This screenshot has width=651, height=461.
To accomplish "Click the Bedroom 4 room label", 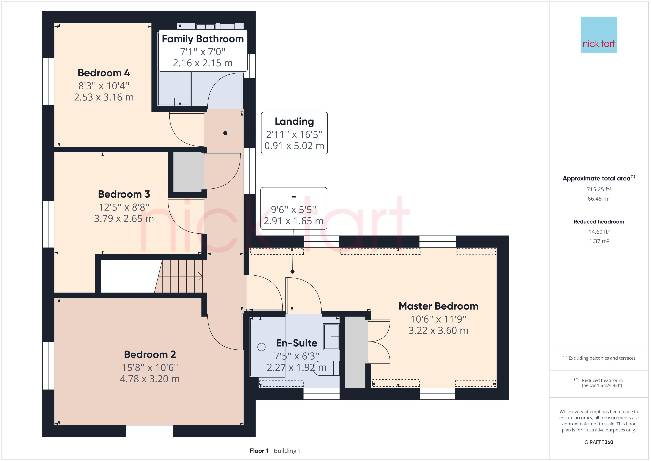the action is pos(104,73).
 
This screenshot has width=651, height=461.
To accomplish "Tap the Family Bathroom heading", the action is pos(203,39).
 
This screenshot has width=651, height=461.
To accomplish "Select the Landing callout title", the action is pos(294,122).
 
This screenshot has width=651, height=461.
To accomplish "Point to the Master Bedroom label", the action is pos(438,306).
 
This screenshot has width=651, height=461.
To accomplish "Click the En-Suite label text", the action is pos(297,343).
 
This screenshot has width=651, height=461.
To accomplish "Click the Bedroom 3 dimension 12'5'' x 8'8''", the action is pos(124,207).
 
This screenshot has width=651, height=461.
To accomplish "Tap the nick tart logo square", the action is pos(599,35).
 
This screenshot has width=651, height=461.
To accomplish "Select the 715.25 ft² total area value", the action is pos(599,189).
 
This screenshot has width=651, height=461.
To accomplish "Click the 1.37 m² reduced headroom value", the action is pos(599,241).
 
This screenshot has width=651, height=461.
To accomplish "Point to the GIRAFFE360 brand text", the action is pos(599,442).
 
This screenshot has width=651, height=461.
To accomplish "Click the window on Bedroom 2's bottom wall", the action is pos(149,431).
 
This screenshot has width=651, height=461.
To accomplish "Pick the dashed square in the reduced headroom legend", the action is pos(576,380).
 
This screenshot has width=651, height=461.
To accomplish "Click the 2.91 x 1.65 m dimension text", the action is pos(293,221).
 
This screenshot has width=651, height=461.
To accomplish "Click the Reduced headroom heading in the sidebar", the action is pos(599,222).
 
